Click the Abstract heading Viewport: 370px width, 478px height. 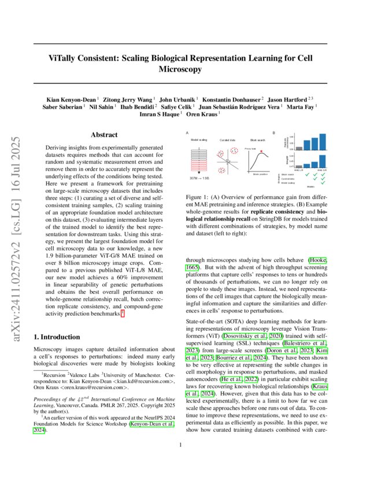(x=105, y=135)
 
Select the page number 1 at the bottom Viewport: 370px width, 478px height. (x=181, y=461)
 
